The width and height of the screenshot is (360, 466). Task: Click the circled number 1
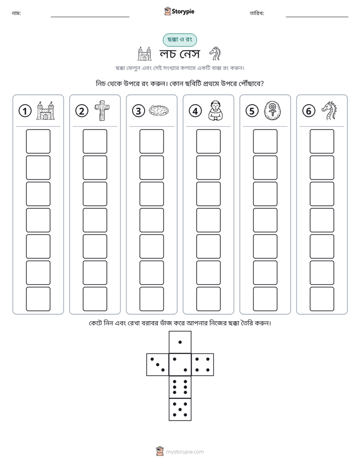25,111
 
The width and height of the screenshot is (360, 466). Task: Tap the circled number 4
195,111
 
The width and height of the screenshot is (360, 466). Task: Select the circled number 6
309,111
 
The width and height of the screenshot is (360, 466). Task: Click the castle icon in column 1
45,110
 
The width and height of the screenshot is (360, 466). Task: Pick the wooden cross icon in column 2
102,110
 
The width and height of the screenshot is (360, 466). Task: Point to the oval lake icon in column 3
159,110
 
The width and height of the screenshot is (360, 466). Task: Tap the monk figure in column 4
216,110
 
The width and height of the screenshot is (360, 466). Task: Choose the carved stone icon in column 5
272,110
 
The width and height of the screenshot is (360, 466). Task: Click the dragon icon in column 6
329,110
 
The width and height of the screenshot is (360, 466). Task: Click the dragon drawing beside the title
215,54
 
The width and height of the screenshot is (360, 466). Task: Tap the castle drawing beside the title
145,54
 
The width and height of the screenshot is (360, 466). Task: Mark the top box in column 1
38,141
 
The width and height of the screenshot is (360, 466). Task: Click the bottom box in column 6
322,299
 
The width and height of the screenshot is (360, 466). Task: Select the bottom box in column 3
151,299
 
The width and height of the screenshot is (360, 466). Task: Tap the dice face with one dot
180,342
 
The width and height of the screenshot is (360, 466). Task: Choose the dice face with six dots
180,387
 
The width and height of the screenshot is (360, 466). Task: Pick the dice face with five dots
180,409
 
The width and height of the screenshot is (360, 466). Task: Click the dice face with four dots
203,364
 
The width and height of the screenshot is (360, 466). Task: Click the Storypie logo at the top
179,11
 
